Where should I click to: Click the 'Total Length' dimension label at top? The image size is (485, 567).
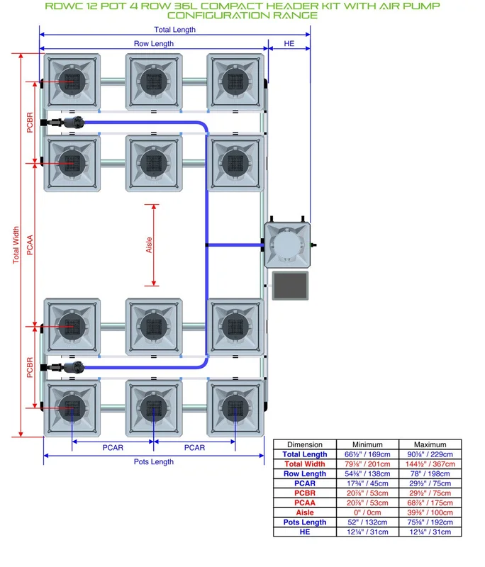(174, 30)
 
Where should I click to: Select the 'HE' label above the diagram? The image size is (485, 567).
(289, 44)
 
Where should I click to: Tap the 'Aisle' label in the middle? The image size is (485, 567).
(149, 245)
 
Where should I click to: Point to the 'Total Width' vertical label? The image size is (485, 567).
(16, 245)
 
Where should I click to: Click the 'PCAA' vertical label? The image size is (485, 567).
(30, 245)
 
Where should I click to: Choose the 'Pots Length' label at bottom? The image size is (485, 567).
(154, 462)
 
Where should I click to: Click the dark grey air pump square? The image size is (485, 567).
(291, 286)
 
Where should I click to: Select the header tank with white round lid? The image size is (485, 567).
(287, 245)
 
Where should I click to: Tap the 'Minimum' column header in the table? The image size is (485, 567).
(367, 444)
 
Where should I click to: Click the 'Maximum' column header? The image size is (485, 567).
(430, 444)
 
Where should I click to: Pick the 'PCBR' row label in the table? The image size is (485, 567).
(305, 493)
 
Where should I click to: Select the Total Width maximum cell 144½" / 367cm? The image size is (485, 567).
(430, 464)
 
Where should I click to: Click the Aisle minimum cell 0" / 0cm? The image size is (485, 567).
(367, 512)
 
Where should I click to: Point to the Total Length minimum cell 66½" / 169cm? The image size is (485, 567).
(367, 454)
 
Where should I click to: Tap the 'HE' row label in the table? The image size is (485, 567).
(305, 532)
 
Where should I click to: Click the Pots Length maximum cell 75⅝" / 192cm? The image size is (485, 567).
(430, 522)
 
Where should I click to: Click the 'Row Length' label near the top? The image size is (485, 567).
(154, 44)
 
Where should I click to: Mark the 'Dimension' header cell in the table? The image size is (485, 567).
(305, 444)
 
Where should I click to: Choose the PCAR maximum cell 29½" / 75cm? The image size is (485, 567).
(430, 483)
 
